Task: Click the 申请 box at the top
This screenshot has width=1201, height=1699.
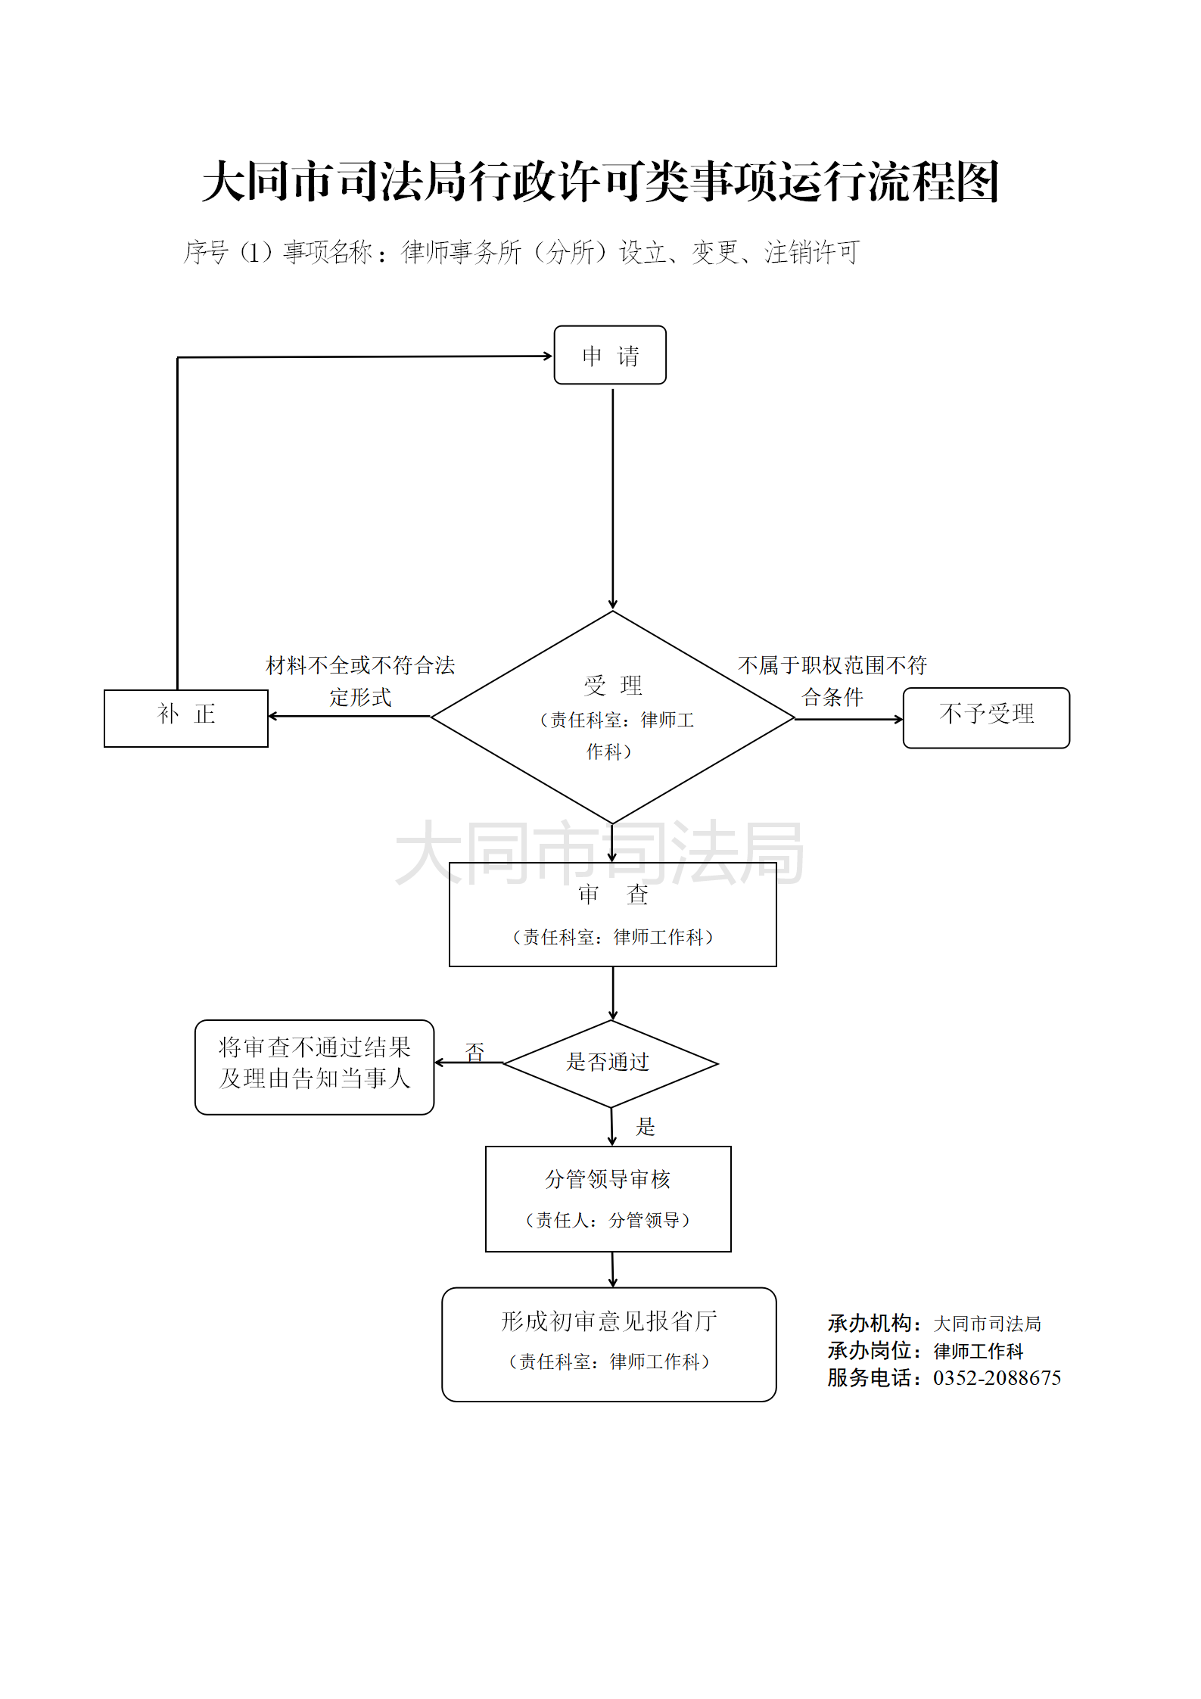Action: tap(610, 355)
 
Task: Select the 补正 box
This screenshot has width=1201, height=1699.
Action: tap(186, 718)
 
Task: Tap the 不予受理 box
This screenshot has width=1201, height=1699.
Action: tap(986, 717)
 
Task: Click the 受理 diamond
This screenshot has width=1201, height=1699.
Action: tap(612, 717)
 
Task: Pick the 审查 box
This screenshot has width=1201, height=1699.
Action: tap(612, 914)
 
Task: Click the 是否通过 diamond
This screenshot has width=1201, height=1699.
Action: tap(610, 1063)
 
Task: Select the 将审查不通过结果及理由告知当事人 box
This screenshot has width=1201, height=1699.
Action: tap(314, 1066)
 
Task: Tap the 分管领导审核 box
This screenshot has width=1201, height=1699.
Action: tap(608, 1198)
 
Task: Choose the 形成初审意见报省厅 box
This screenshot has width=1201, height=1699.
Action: tap(608, 1343)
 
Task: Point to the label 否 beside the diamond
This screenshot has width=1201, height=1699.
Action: tap(474, 1051)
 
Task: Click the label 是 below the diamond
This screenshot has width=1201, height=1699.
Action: tap(645, 1126)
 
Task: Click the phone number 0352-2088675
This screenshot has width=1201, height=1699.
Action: tap(997, 1377)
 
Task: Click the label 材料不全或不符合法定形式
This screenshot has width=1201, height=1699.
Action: tap(360, 680)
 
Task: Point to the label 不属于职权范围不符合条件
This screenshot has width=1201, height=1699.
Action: tap(832, 680)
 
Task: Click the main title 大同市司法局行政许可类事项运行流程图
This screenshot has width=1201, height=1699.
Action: tap(601, 182)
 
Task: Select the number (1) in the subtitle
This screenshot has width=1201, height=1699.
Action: tap(256, 252)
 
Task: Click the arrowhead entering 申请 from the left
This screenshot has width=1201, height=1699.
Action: tap(548, 356)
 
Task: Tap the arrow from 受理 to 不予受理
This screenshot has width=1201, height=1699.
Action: tap(848, 719)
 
